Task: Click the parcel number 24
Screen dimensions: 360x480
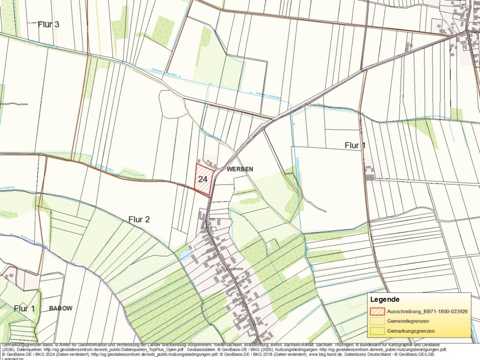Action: [x=203, y=179]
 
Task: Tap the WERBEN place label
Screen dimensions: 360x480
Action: [x=239, y=169]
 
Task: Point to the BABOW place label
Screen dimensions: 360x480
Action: [x=60, y=308]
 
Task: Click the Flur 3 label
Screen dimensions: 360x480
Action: [x=49, y=24]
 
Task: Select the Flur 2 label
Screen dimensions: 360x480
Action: [x=139, y=219]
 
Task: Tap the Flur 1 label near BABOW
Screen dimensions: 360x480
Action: [x=24, y=308]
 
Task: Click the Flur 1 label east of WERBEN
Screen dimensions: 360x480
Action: [x=355, y=145]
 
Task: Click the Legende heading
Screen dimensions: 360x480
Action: [x=385, y=300]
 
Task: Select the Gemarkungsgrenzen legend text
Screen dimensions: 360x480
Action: [x=411, y=331]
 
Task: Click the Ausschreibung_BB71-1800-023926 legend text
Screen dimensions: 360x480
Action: [x=428, y=311]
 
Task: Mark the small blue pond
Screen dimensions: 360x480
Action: [x=185, y=255]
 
